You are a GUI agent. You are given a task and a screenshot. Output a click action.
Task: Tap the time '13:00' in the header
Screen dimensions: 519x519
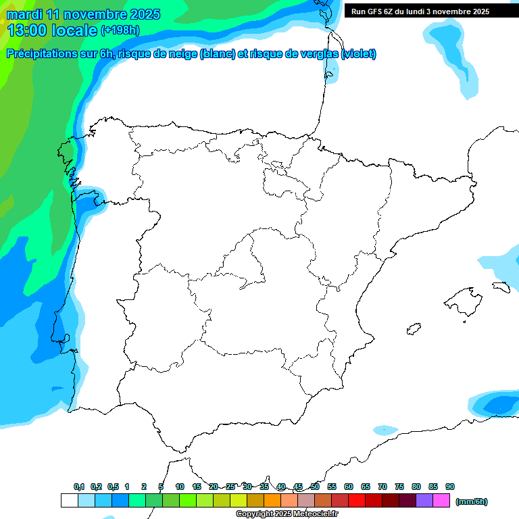click(26, 30)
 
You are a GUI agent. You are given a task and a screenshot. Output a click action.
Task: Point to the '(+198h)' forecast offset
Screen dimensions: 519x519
click(120, 30)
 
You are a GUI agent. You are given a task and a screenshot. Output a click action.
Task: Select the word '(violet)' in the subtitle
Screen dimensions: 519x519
click(358, 54)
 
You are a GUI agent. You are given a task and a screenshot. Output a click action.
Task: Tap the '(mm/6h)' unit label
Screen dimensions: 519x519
click(471, 501)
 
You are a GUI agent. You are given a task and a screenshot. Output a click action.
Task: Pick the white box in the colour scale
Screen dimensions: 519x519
click(69, 501)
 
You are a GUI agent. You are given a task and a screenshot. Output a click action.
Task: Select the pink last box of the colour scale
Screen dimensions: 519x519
click(441, 501)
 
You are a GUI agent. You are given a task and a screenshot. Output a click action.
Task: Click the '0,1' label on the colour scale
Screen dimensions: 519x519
click(79, 487)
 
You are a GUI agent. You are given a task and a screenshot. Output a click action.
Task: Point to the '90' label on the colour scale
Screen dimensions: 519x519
click(450, 487)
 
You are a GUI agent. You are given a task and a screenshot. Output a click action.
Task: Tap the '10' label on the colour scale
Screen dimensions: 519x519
click(180, 487)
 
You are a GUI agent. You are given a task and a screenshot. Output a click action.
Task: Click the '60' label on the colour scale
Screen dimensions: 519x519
click(349, 487)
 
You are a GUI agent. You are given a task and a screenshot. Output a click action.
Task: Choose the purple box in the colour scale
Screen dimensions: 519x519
click(424, 501)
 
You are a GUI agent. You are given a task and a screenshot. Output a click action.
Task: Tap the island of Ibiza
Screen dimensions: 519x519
click(411, 329)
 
